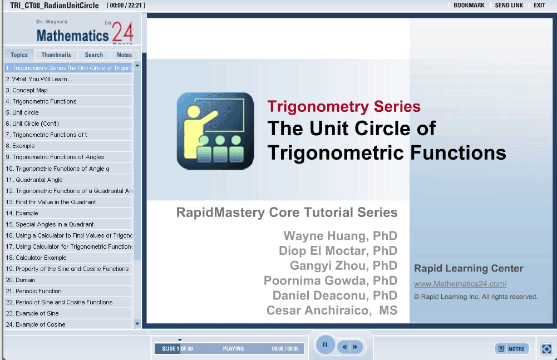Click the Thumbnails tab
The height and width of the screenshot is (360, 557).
tap(56, 55)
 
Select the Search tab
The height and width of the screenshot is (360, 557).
tap(94, 55)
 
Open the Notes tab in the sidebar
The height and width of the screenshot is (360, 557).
tap(124, 55)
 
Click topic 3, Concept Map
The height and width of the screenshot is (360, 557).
tap(27, 90)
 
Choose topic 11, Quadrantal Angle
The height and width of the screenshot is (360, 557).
tap(34, 180)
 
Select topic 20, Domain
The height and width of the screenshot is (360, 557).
tap(21, 280)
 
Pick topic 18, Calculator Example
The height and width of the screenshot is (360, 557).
tap(36, 258)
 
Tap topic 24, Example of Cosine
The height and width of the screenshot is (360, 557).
tap(36, 324)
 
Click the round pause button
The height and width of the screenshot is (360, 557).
tap(324, 344)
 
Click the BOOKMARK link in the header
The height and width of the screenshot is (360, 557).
tap(469, 6)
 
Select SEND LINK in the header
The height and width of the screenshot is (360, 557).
tap(509, 6)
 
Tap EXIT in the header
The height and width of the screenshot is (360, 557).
tap(539, 6)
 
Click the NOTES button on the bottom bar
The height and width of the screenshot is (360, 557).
tap(512, 349)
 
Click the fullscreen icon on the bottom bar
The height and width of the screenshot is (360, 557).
tap(546, 349)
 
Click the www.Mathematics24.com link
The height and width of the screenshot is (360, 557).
tap(460, 284)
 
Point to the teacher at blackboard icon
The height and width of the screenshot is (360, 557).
tap(215, 131)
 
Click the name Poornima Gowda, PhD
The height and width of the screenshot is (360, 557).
tap(331, 280)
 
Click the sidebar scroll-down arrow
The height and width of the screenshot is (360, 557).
tap(137, 324)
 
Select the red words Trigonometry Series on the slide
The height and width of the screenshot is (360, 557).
tap(344, 106)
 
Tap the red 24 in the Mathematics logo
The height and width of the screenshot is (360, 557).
tap(122, 32)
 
